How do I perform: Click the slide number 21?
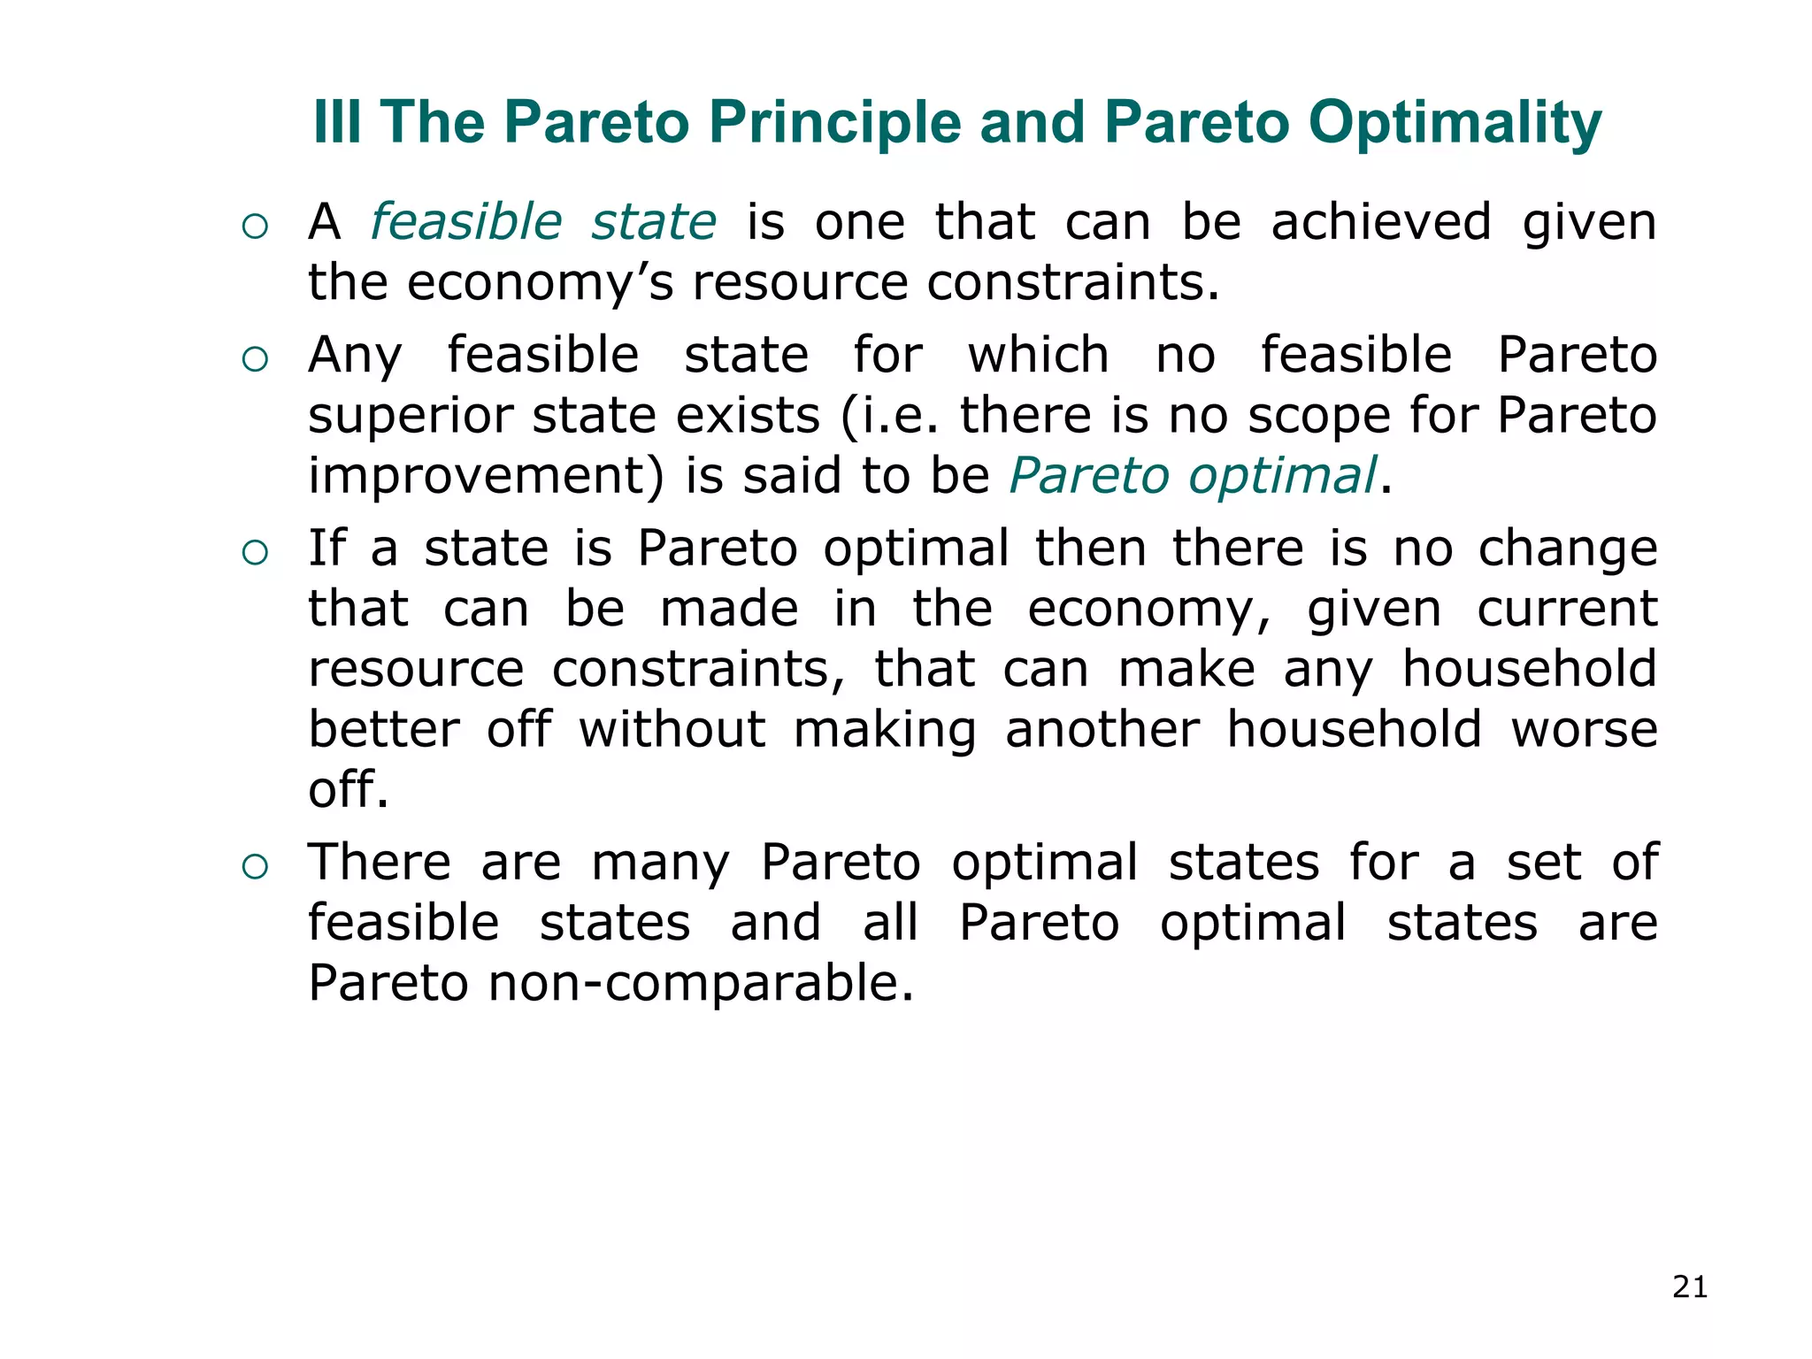[1690, 1286]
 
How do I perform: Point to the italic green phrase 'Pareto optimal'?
[1193, 475]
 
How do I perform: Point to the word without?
[672, 730]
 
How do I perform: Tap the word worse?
[1584, 730]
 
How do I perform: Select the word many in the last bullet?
[660, 863]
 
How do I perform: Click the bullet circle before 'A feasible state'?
[255, 226]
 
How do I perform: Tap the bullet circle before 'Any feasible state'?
[255, 359]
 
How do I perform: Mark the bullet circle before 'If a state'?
[255, 553]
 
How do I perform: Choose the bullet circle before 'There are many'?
[255, 867]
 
